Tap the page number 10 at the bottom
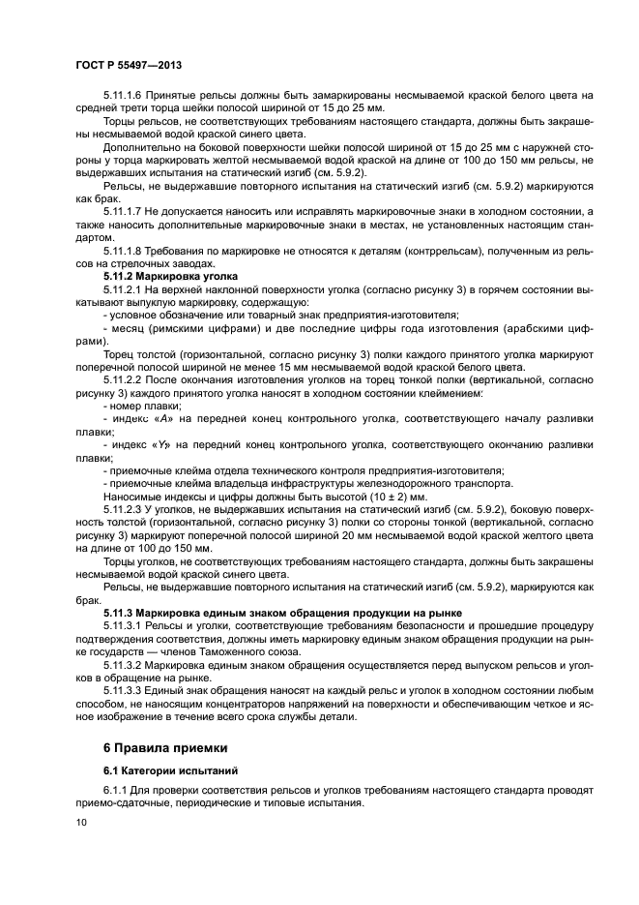pos(81,823)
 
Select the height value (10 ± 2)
pos(340,495)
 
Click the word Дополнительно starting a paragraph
pos(137,146)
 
